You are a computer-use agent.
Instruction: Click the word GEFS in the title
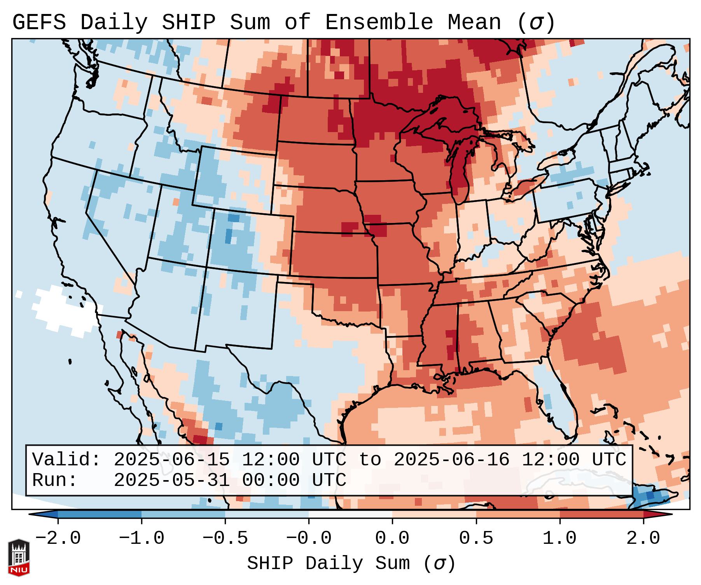click(x=39, y=23)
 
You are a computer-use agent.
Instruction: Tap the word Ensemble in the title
click(x=379, y=23)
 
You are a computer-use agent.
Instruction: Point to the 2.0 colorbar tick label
click(x=643, y=538)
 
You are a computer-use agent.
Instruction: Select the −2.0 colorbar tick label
click(x=58, y=538)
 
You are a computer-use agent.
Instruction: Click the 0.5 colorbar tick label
click(x=476, y=538)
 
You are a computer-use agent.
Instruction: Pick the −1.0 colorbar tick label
click(x=141, y=538)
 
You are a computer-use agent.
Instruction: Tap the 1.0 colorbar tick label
click(x=559, y=538)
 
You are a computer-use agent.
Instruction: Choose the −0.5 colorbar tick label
click(x=225, y=538)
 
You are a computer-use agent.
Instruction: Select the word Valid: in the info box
click(x=66, y=460)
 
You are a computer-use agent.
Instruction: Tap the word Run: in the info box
click(x=55, y=480)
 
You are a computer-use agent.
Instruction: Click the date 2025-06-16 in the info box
click(x=451, y=460)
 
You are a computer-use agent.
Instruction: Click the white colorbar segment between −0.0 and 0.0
click(x=350, y=514)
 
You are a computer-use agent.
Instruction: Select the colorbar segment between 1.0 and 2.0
click(x=601, y=514)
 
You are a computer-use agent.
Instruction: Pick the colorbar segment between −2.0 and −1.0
click(x=100, y=514)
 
